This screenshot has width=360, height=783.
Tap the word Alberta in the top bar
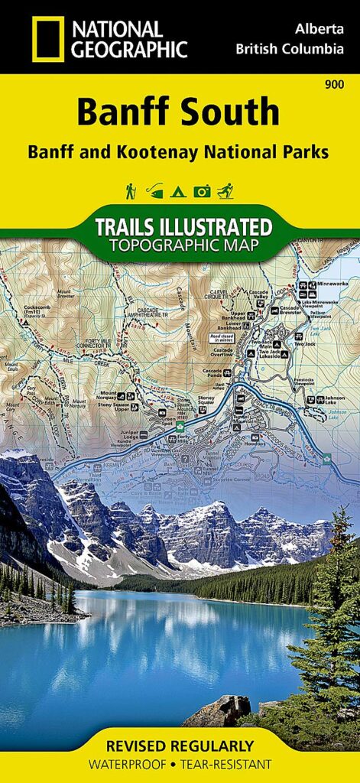(x=318, y=28)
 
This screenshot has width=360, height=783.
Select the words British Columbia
(x=290, y=50)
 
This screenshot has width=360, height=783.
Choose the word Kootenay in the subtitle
(x=179, y=151)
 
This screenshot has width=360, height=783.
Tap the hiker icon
(x=130, y=190)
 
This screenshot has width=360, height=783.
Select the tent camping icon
(x=179, y=190)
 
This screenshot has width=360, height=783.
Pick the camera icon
(x=202, y=190)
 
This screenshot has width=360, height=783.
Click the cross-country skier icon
(x=226, y=190)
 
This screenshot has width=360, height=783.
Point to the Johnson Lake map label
(x=335, y=398)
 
